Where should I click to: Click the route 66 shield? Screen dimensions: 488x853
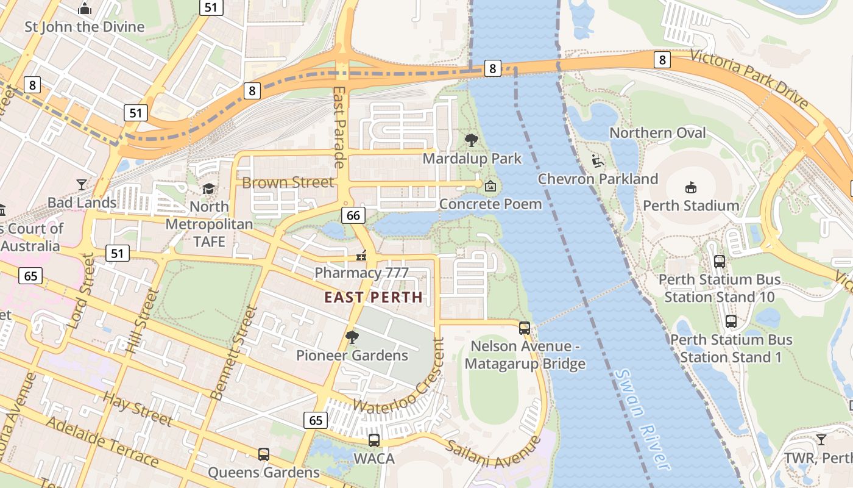click(353, 215)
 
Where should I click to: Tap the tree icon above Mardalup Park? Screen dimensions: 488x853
click(471, 140)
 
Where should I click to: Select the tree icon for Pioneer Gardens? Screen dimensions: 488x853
click(352, 337)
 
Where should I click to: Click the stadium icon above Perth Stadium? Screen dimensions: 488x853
click(691, 187)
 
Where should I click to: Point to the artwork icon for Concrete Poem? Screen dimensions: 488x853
click(490, 185)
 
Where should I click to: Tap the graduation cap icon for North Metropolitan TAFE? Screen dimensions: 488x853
click(209, 188)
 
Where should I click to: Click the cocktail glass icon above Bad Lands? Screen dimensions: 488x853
click(82, 184)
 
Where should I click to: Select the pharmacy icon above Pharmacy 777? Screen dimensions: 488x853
click(362, 255)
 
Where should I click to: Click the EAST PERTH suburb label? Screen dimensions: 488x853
click(373, 298)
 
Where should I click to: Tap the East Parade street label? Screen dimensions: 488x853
click(339, 127)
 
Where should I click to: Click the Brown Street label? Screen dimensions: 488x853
click(288, 182)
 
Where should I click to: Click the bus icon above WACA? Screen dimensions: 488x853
click(374, 440)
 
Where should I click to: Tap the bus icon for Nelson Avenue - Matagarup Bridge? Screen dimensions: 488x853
click(525, 328)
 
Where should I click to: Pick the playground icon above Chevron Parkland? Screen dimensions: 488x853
click(598, 161)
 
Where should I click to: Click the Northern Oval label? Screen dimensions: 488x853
click(657, 133)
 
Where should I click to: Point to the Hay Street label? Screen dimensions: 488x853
click(138, 409)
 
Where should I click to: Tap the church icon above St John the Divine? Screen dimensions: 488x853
click(85, 9)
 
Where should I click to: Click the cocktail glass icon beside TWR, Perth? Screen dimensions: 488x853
click(821, 439)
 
